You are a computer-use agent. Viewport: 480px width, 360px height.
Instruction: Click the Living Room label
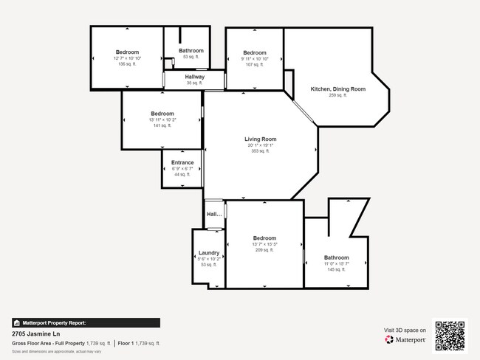pos(261,139)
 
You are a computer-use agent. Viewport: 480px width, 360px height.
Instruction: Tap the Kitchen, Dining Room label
pos(338,89)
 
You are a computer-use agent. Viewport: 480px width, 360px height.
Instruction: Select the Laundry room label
pos(209,252)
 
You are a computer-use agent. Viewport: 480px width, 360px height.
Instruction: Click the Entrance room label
pos(182,162)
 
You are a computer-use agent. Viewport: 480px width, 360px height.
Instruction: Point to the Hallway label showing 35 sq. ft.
pos(195,77)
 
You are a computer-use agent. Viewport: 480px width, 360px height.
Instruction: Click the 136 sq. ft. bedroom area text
pos(127,64)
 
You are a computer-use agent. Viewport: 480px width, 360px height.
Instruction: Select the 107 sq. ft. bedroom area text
pos(255,64)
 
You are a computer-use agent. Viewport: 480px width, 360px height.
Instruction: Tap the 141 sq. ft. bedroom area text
pos(162,125)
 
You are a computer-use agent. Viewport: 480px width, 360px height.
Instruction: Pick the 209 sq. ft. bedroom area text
pos(264,250)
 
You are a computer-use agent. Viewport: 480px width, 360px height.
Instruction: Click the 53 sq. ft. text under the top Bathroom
pos(191,57)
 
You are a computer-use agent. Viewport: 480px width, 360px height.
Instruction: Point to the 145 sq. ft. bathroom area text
pos(336,269)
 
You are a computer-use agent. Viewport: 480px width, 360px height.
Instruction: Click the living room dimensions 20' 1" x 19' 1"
pos(261,145)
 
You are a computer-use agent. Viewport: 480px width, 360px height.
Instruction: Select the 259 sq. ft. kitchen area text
pos(338,95)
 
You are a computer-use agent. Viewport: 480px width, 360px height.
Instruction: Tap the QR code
pos(450,334)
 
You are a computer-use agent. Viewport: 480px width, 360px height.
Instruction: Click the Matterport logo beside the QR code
pos(405,340)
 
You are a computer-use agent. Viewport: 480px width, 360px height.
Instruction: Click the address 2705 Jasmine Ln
pos(36,333)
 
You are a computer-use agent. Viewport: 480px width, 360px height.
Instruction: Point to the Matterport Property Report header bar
pos(86,322)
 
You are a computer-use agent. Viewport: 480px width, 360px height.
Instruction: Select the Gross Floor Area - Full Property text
pos(48,343)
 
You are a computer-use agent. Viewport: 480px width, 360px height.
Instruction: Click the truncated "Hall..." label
pos(214,214)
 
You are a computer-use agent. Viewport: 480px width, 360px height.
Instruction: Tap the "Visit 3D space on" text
pos(405,330)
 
